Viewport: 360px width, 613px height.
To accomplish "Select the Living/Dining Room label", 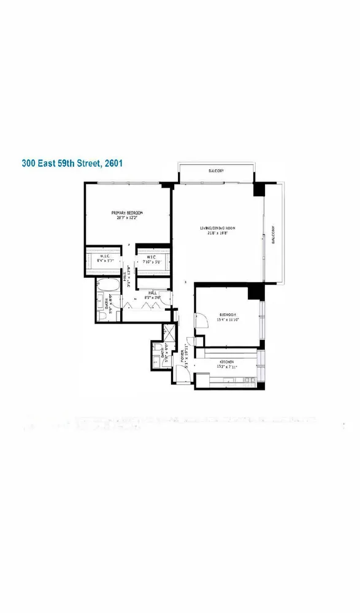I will [218, 229].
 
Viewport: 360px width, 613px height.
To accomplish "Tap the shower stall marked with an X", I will [167, 334].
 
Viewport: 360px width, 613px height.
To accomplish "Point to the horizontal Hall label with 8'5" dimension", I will [152, 294].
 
